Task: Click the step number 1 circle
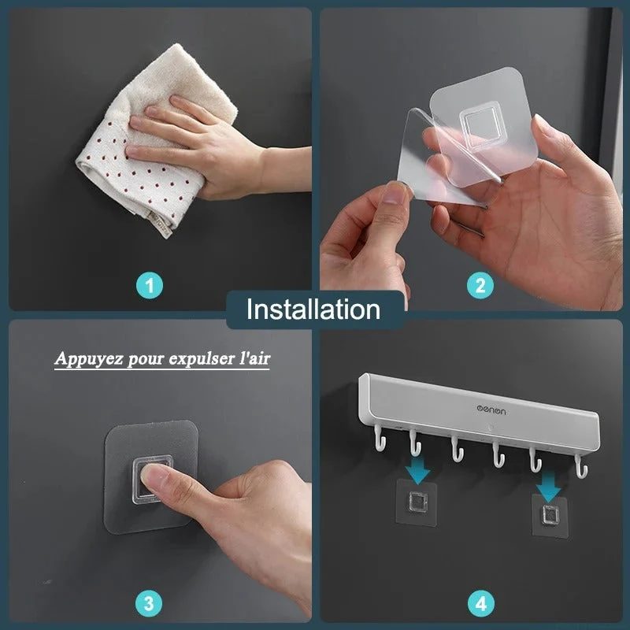[x=150, y=285]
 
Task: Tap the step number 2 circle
[x=480, y=285]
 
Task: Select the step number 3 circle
[x=149, y=603]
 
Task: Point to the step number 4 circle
[x=481, y=603]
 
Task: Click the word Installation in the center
[x=313, y=309]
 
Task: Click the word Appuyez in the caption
[x=89, y=358]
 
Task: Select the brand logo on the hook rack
[x=491, y=409]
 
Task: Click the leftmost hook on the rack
[x=380, y=438]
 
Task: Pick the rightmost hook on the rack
[x=581, y=466]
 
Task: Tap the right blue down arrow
[x=548, y=486]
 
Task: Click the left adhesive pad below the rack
[x=417, y=502]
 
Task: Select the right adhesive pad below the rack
[x=549, y=516]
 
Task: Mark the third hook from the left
[x=457, y=449]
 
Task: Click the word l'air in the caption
[x=254, y=358]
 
